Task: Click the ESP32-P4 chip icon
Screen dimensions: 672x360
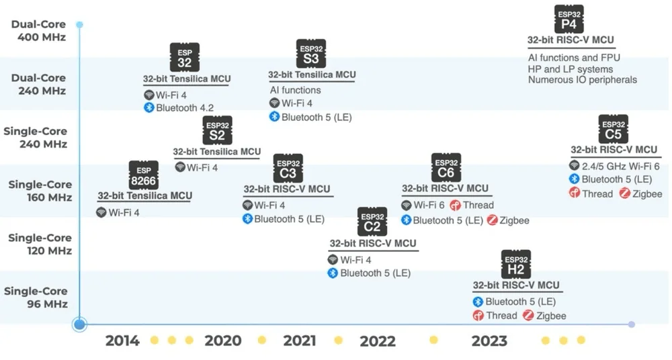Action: pyautogui.click(x=569, y=19)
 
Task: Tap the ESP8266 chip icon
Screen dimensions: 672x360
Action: pyautogui.click(x=144, y=175)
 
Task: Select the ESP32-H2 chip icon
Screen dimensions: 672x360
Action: pyautogui.click(x=516, y=265)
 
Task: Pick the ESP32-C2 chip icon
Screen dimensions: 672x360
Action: pyautogui.click(x=372, y=222)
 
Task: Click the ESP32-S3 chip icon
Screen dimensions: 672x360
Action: pyautogui.click(x=311, y=54)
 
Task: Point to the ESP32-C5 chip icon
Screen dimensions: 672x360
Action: pyautogui.click(x=614, y=130)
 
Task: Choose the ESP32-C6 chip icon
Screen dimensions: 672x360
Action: pyautogui.click(x=446, y=167)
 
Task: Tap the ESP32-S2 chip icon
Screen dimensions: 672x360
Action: pyautogui.click(x=217, y=130)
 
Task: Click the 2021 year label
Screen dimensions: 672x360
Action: pyautogui.click(x=300, y=341)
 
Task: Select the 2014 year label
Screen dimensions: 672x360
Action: pyautogui.click(x=122, y=341)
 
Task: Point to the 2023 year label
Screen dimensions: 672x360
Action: pyautogui.click(x=489, y=341)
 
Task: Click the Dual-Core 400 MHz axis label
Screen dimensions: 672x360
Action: pyautogui.click(x=38, y=31)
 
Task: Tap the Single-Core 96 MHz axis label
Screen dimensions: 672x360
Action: pyautogui.click(x=36, y=298)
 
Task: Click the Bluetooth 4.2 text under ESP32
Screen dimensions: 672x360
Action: pyautogui.click(x=185, y=108)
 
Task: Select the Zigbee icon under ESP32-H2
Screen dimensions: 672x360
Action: pyautogui.click(x=528, y=316)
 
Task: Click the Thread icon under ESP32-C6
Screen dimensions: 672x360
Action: pyautogui.click(x=455, y=206)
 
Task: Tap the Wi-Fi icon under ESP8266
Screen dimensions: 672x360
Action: pyautogui.click(x=101, y=212)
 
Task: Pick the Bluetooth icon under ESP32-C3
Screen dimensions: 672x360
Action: pyautogui.click(x=247, y=218)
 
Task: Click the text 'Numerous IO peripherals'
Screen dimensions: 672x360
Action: pyautogui.click(x=583, y=80)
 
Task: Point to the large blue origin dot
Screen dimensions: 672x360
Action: pyautogui.click(x=79, y=324)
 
